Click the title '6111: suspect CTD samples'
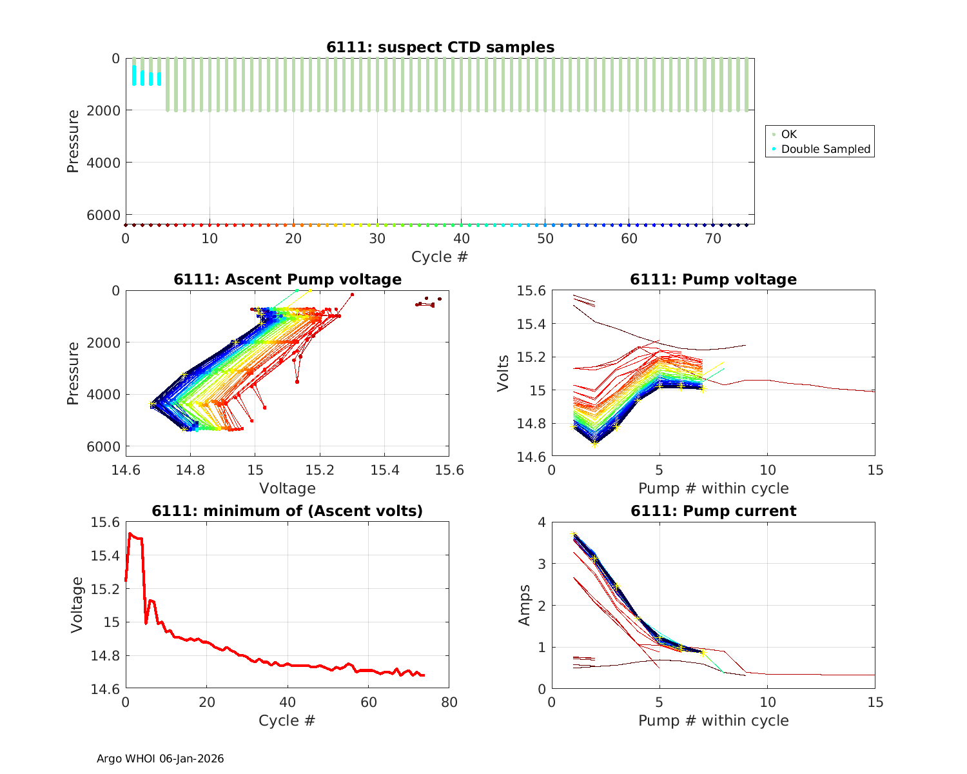440,47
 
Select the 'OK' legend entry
788,134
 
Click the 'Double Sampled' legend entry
825,149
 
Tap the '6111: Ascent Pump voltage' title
288,279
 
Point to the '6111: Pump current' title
713,511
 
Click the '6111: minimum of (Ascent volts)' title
288,511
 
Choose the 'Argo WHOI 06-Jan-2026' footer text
160,759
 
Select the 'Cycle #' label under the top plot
440,257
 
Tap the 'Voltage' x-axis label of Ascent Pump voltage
288,488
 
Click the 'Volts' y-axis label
503,373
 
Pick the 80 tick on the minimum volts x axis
449,702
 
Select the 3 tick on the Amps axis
542,564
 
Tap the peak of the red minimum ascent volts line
130,533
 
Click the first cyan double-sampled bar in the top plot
134,75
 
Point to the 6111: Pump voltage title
713,279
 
